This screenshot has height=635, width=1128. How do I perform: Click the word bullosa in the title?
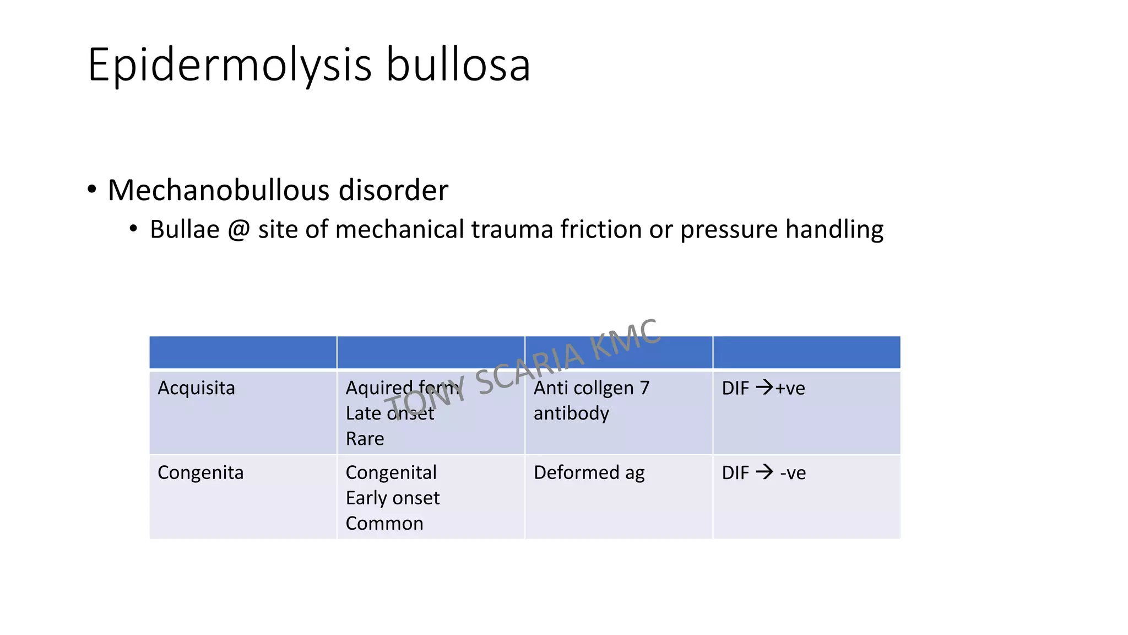458,65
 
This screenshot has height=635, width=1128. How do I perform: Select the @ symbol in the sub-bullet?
238,229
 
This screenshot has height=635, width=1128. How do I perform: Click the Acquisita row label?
196,388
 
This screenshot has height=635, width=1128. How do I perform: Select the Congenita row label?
200,473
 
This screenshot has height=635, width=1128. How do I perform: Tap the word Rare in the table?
365,439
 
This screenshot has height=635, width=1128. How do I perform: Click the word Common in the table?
384,524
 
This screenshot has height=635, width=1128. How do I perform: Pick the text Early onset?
393,498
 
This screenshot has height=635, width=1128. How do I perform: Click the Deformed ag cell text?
589,473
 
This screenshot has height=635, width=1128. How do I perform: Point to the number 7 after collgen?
644,388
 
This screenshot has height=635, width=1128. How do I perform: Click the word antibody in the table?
571,413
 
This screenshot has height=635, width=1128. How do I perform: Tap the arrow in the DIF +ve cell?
764,388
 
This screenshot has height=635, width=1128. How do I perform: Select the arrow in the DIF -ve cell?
764,472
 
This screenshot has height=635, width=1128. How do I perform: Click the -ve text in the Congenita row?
793,473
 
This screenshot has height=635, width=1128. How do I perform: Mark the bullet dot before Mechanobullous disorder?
92,190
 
